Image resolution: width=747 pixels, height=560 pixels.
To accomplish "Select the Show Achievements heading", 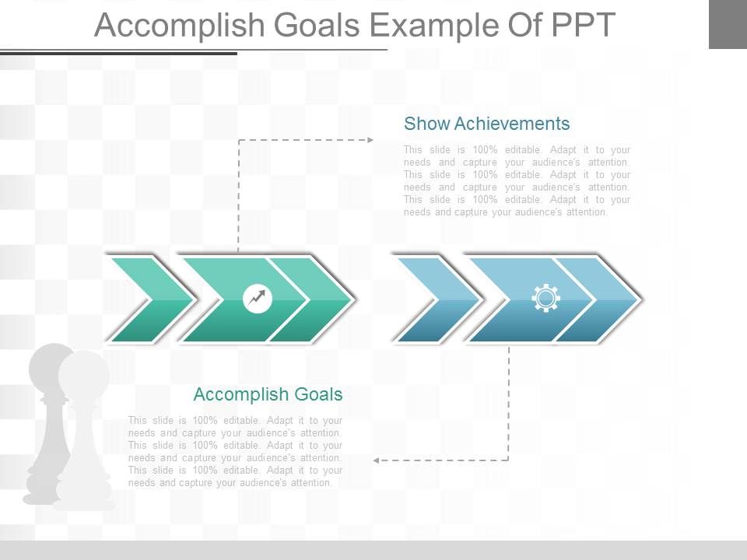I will (x=487, y=124).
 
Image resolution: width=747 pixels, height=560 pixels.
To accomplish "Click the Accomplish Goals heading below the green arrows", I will (x=268, y=394).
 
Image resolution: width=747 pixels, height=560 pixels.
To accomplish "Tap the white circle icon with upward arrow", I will (x=258, y=299).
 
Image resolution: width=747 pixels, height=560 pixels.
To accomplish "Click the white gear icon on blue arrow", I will (x=545, y=299).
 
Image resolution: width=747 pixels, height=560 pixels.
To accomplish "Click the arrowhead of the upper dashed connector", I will (x=370, y=140).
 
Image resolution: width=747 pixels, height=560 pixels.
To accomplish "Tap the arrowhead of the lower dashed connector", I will (x=376, y=460).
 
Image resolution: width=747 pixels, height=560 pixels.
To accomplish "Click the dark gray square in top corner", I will (x=728, y=24).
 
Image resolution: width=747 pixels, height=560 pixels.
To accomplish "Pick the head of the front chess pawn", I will (x=83, y=372).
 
